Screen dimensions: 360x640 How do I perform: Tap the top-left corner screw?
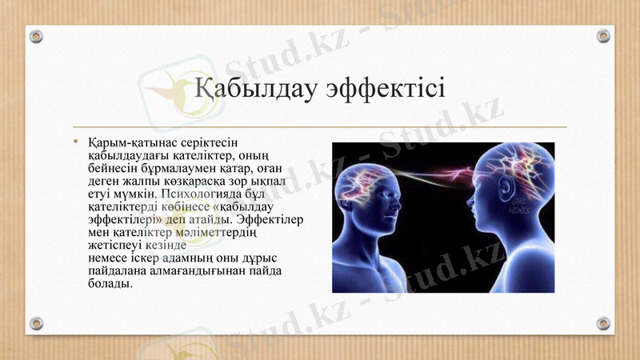(36, 36)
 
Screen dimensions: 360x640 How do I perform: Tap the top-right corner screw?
(603, 36)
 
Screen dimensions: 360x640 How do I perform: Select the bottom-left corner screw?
(36, 323)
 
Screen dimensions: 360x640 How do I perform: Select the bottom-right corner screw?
(603, 323)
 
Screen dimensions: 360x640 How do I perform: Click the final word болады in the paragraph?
(110, 284)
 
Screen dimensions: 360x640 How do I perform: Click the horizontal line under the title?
(320, 127)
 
